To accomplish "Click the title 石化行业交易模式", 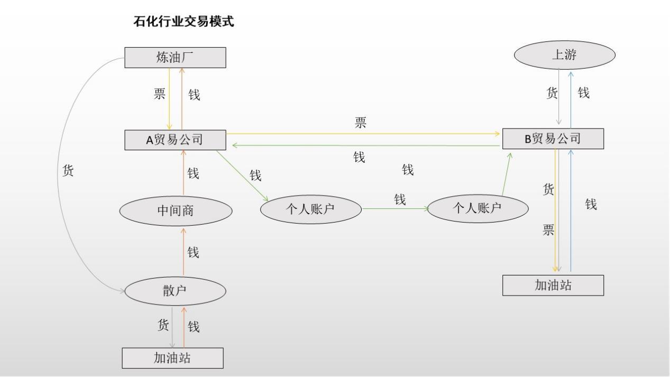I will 184,22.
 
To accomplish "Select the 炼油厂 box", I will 175,58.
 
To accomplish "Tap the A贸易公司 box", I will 175,140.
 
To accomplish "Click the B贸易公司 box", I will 553,139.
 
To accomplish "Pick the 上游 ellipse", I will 564,54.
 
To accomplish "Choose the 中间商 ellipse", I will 176,210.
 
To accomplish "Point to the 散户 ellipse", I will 176,290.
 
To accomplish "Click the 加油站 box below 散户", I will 172,358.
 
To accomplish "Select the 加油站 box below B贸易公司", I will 553,286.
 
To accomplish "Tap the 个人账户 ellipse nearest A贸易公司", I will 311,209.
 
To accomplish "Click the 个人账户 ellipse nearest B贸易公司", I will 478,208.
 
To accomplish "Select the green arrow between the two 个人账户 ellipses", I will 394,209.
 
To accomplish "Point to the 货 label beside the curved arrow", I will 68,171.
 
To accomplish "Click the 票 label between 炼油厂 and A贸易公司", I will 159,94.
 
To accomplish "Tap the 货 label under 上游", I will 552,93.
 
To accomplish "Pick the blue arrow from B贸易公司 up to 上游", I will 570,100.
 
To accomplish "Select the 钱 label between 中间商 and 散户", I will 193,252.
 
